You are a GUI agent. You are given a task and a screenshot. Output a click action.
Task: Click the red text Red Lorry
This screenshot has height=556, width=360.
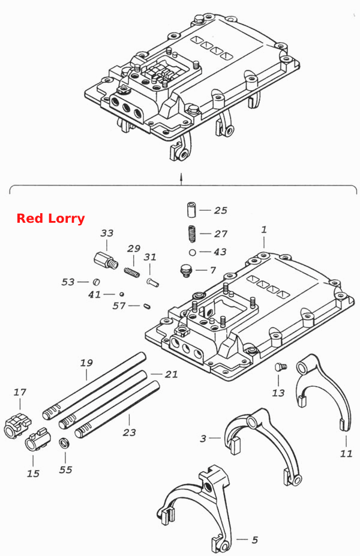pos(50,218)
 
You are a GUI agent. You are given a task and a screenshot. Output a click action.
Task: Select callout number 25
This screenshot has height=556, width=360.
pos(220,210)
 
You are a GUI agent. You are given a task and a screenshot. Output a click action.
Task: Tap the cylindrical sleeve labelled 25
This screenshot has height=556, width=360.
pos(191,209)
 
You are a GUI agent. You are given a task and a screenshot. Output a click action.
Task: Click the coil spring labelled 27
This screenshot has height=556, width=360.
pos(191,234)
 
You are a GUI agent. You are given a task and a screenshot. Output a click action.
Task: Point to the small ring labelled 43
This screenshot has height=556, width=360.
pos(192,252)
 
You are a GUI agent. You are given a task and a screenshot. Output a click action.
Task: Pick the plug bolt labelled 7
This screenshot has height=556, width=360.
pos(185,271)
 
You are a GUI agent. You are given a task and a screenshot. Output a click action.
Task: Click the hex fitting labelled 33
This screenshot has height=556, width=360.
pos(106,261)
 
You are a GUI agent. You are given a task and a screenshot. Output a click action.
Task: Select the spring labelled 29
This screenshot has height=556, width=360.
pos(132,273)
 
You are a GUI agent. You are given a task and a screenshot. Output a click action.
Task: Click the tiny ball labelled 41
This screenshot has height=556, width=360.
pos(122,294)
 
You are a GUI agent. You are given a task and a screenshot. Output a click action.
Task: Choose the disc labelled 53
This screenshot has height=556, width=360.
pos(96,282)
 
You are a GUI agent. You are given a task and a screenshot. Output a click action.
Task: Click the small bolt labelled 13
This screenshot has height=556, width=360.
pos(281,367)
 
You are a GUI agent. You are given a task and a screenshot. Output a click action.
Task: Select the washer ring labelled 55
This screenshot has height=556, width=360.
pos(64,443)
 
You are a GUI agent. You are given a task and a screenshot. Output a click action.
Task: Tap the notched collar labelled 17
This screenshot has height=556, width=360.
pos(17,426)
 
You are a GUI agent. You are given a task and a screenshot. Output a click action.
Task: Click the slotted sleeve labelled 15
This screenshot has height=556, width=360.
pos(38,440)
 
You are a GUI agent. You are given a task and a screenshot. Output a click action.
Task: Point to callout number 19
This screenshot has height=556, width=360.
pos(86,363)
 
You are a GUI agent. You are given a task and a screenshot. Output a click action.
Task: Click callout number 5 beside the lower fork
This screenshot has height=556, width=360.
pos(255,540)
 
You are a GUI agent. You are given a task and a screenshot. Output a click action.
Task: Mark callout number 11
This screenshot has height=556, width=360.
pos(346,453)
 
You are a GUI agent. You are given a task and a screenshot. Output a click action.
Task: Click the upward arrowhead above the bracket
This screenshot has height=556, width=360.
pos(181,175)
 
